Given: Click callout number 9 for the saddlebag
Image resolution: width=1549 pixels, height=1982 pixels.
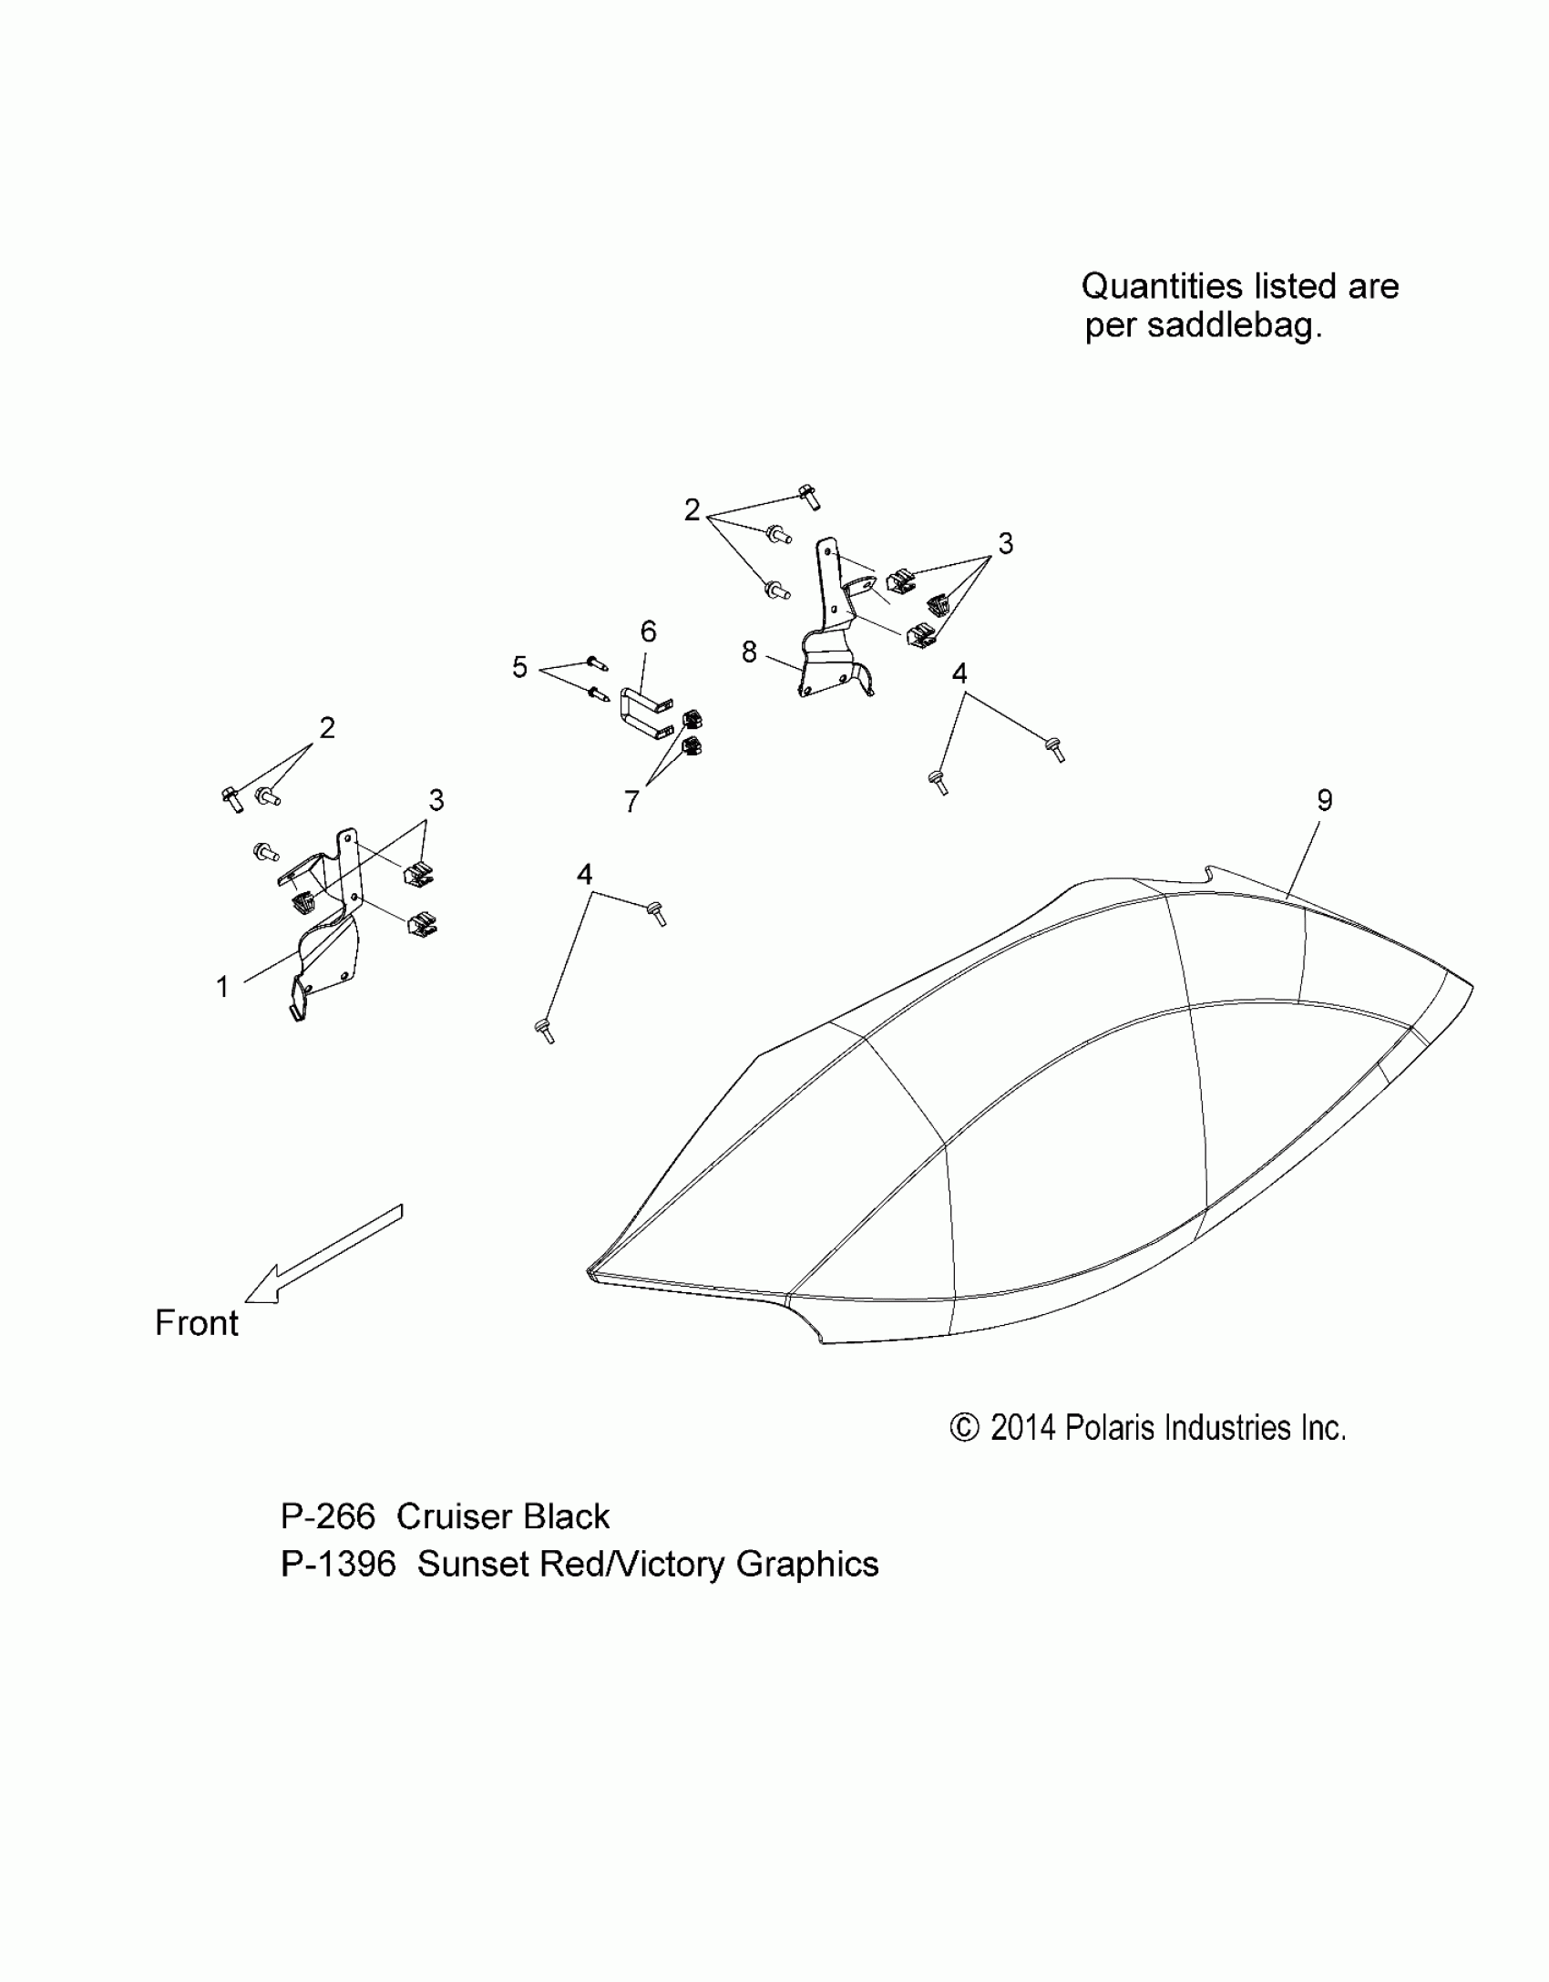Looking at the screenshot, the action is pos(1324,800).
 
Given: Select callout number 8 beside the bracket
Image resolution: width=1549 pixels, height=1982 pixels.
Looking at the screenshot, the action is pos(749,652).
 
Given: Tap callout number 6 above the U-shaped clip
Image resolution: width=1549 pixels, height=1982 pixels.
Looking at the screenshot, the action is pos(648,631).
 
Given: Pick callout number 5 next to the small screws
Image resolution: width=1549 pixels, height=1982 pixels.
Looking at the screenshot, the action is pos(519,667).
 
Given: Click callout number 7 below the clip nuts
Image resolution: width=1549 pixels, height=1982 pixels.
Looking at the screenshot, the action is pos(631,801).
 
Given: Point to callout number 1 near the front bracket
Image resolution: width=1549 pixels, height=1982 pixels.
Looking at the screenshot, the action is pos(222,986).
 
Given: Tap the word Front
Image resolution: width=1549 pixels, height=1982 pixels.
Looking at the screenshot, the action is pos(197,1323).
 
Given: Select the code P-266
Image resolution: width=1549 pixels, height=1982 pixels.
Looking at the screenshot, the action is pos(328,1517).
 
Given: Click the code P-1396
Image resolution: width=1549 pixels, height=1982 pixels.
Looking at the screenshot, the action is pos(338,1565).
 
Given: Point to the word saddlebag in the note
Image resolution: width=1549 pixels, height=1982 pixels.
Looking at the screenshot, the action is pos(1234,325).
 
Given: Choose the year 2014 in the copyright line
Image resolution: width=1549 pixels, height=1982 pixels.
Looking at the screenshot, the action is pos(1022,1428).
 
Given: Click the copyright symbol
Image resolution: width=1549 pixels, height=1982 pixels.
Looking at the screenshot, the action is pos(964,1428).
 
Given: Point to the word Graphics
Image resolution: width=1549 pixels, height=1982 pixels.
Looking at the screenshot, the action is pos(807,1565).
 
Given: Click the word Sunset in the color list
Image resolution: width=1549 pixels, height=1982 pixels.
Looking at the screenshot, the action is pos(473,1565).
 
